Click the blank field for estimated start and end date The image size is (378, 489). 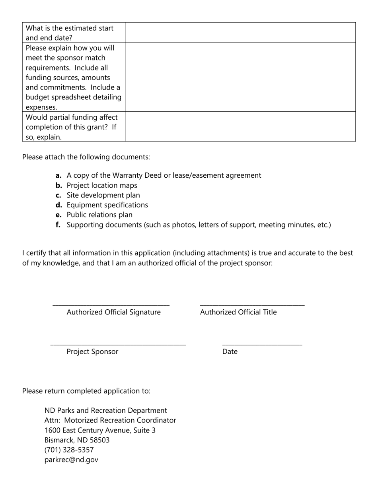tap(240, 33)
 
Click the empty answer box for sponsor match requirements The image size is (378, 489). tap(240, 77)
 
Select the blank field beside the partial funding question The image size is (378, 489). tap(240, 126)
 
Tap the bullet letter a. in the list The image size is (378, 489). tap(58, 175)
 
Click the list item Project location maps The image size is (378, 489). tap(102, 185)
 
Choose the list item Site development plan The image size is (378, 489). tap(103, 195)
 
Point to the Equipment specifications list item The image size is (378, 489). tap(107, 205)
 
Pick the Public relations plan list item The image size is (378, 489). tap(99, 215)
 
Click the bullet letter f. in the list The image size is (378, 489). tap(58, 225)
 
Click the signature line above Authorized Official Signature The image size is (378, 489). tap(111, 305)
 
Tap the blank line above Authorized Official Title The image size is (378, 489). tap(252, 305)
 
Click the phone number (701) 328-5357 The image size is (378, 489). tap(69, 450)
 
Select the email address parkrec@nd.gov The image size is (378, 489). tap(71, 460)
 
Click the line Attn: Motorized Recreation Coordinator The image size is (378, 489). tap(110, 420)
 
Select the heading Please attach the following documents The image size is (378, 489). tap(86, 157)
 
